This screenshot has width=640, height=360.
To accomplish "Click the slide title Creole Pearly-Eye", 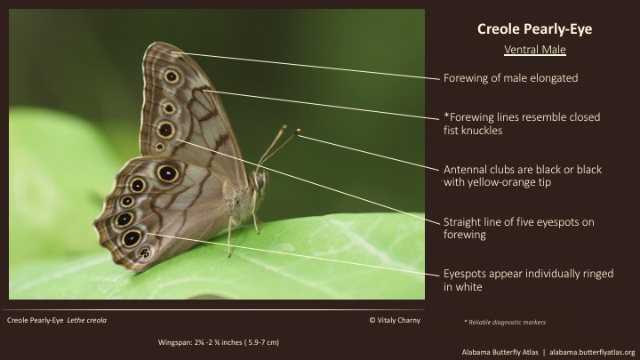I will pyautogui.click(x=534, y=29).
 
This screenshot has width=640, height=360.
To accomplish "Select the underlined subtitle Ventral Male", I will pyautogui.click(x=534, y=50).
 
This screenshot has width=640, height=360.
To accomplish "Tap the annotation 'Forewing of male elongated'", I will pyautogui.click(x=510, y=78).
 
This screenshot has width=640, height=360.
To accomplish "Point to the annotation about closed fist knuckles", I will pyautogui.click(x=521, y=124).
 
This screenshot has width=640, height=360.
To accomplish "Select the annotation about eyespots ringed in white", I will pyautogui.click(x=528, y=280).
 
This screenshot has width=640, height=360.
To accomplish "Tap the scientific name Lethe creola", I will pyautogui.click(x=86, y=318).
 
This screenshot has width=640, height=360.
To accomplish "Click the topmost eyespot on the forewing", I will pyautogui.click(x=172, y=76).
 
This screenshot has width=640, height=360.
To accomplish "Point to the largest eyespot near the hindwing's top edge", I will pyautogui.click(x=166, y=173).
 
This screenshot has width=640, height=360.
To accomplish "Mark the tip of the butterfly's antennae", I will pyautogui.click(x=298, y=132).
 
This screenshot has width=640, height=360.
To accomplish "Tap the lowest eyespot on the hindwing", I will pyautogui.click(x=144, y=252).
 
